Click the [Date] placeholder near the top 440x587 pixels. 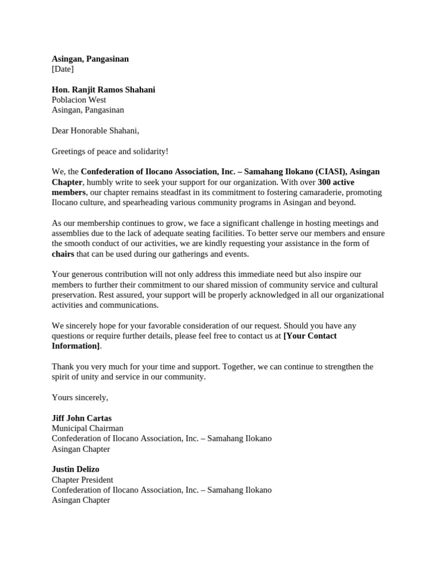pyautogui.click(x=62, y=69)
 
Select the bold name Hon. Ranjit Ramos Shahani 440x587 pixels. pyautogui.click(x=103, y=89)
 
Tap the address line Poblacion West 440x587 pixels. pyautogui.click(x=78, y=100)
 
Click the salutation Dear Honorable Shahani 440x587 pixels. pyautogui.click(x=95, y=131)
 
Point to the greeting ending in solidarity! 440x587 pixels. pyautogui.click(x=110, y=151)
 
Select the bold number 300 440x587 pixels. pyautogui.click(x=325, y=182)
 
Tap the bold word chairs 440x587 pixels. pyautogui.click(x=63, y=254)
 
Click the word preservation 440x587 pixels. pyautogui.click(x=73, y=295)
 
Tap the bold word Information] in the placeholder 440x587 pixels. pyautogui.click(x=76, y=346)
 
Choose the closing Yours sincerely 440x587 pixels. pyautogui.click(x=80, y=397)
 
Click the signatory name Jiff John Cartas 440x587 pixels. pyautogui.click(x=81, y=418)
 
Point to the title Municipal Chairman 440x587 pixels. pyautogui.click(x=87, y=428)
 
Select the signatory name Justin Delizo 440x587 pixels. pyautogui.click(x=75, y=469)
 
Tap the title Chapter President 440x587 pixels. pyautogui.click(x=82, y=479)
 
